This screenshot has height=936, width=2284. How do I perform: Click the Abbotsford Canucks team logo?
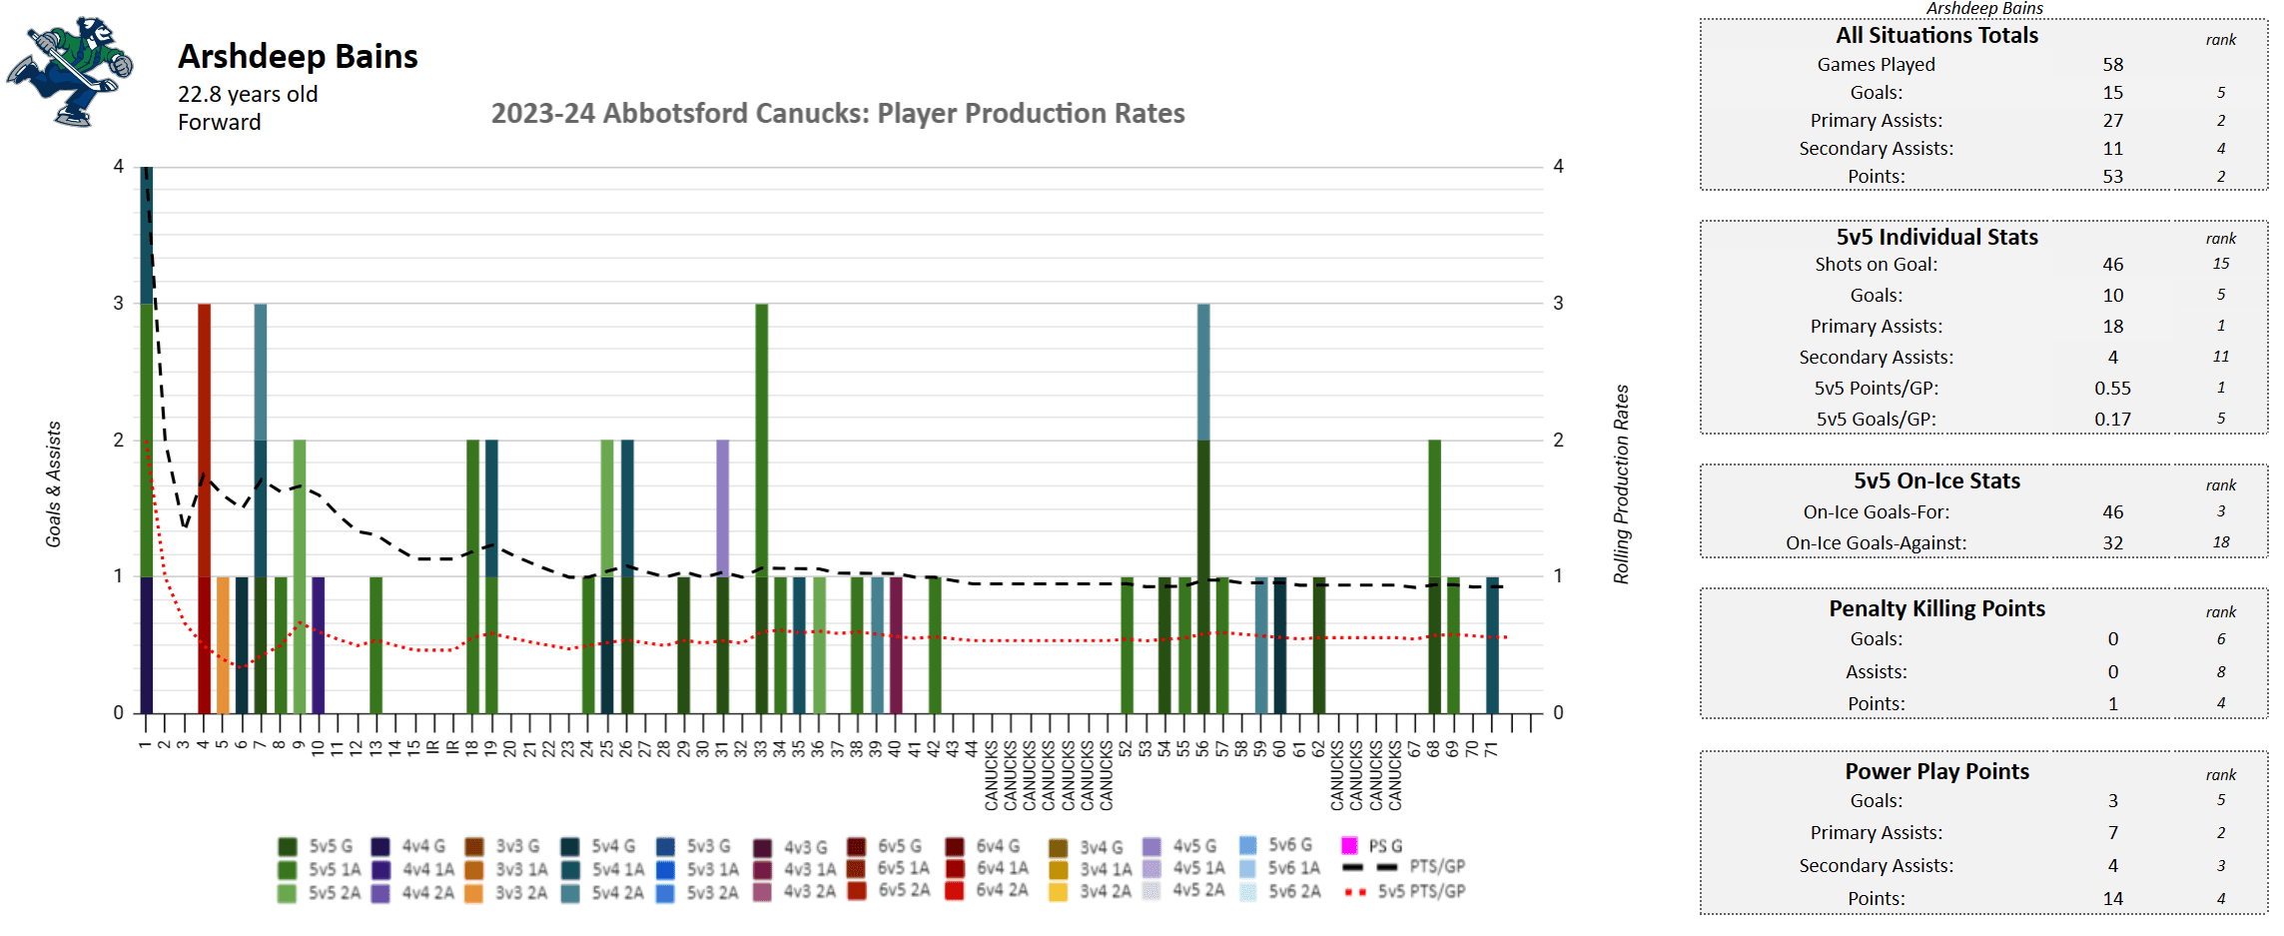70,72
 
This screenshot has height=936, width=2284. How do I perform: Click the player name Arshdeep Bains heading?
298,57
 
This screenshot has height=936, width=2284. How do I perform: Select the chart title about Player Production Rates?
837,114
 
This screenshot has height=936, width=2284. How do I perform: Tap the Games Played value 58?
2112,65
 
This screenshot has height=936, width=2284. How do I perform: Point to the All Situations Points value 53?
2112,177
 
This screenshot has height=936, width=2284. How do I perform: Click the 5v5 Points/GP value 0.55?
2112,389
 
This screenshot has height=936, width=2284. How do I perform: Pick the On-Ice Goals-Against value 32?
2112,543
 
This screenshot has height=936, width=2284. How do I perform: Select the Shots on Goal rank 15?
2220,264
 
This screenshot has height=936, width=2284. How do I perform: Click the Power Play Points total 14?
2112,899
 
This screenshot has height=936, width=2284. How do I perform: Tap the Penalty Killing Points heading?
1936,609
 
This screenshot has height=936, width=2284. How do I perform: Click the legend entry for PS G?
1374,846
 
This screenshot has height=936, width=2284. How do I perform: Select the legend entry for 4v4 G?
410,846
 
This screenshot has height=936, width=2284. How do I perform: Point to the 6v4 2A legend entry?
989,890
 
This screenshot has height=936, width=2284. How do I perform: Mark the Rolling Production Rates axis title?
1621,484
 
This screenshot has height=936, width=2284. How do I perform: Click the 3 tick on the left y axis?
119,304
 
